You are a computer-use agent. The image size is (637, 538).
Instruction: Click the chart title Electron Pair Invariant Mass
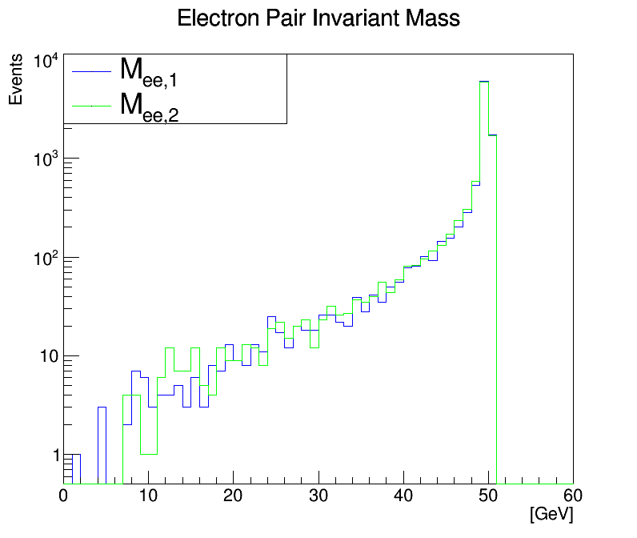coord(318,18)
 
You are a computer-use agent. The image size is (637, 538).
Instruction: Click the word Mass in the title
coord(433,18)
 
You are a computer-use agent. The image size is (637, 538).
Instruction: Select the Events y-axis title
coord(16,83)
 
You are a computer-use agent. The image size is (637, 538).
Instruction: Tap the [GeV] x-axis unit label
coord(551,513)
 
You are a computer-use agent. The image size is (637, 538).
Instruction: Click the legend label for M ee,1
coord(149,71)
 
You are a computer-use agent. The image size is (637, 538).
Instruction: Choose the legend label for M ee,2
coord(149,106)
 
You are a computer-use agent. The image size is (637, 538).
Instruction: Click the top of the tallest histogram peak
coord(483,81)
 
